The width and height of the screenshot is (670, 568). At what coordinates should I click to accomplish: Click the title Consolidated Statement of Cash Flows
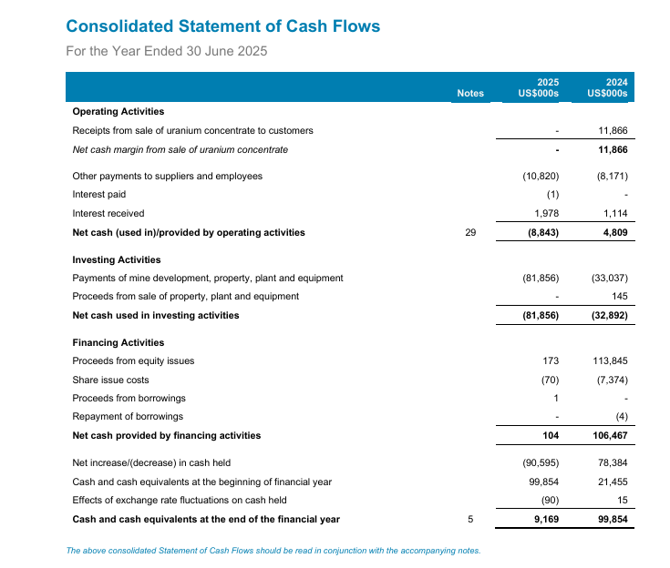tap(223, 26)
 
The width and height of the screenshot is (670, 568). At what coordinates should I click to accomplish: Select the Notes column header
tap(470, 93)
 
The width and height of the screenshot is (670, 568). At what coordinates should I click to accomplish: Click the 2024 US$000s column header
tap(608, 87)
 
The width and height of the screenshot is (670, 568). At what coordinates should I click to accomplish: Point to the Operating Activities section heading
tap(119, 111)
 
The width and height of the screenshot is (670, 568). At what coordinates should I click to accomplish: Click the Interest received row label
tap(108, 213)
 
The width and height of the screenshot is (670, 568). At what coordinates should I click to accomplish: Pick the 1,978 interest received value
tap(546, 213)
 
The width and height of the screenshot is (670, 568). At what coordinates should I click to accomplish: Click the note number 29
tap(470, 233)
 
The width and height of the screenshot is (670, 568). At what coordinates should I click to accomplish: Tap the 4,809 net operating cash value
tap(613, 233)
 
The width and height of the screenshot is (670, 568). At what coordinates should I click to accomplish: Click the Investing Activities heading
tap(117, 259)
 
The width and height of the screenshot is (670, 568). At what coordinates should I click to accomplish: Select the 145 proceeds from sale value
tap(620, 296)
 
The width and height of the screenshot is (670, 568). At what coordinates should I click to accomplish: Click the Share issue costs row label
tap(110, 380)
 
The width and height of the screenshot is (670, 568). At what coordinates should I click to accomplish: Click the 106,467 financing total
tap(610, 435)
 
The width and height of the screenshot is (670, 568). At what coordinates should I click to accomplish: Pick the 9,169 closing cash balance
tap(544, 519)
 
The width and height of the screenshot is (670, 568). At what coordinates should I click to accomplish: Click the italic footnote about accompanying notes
tap(273, 550)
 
